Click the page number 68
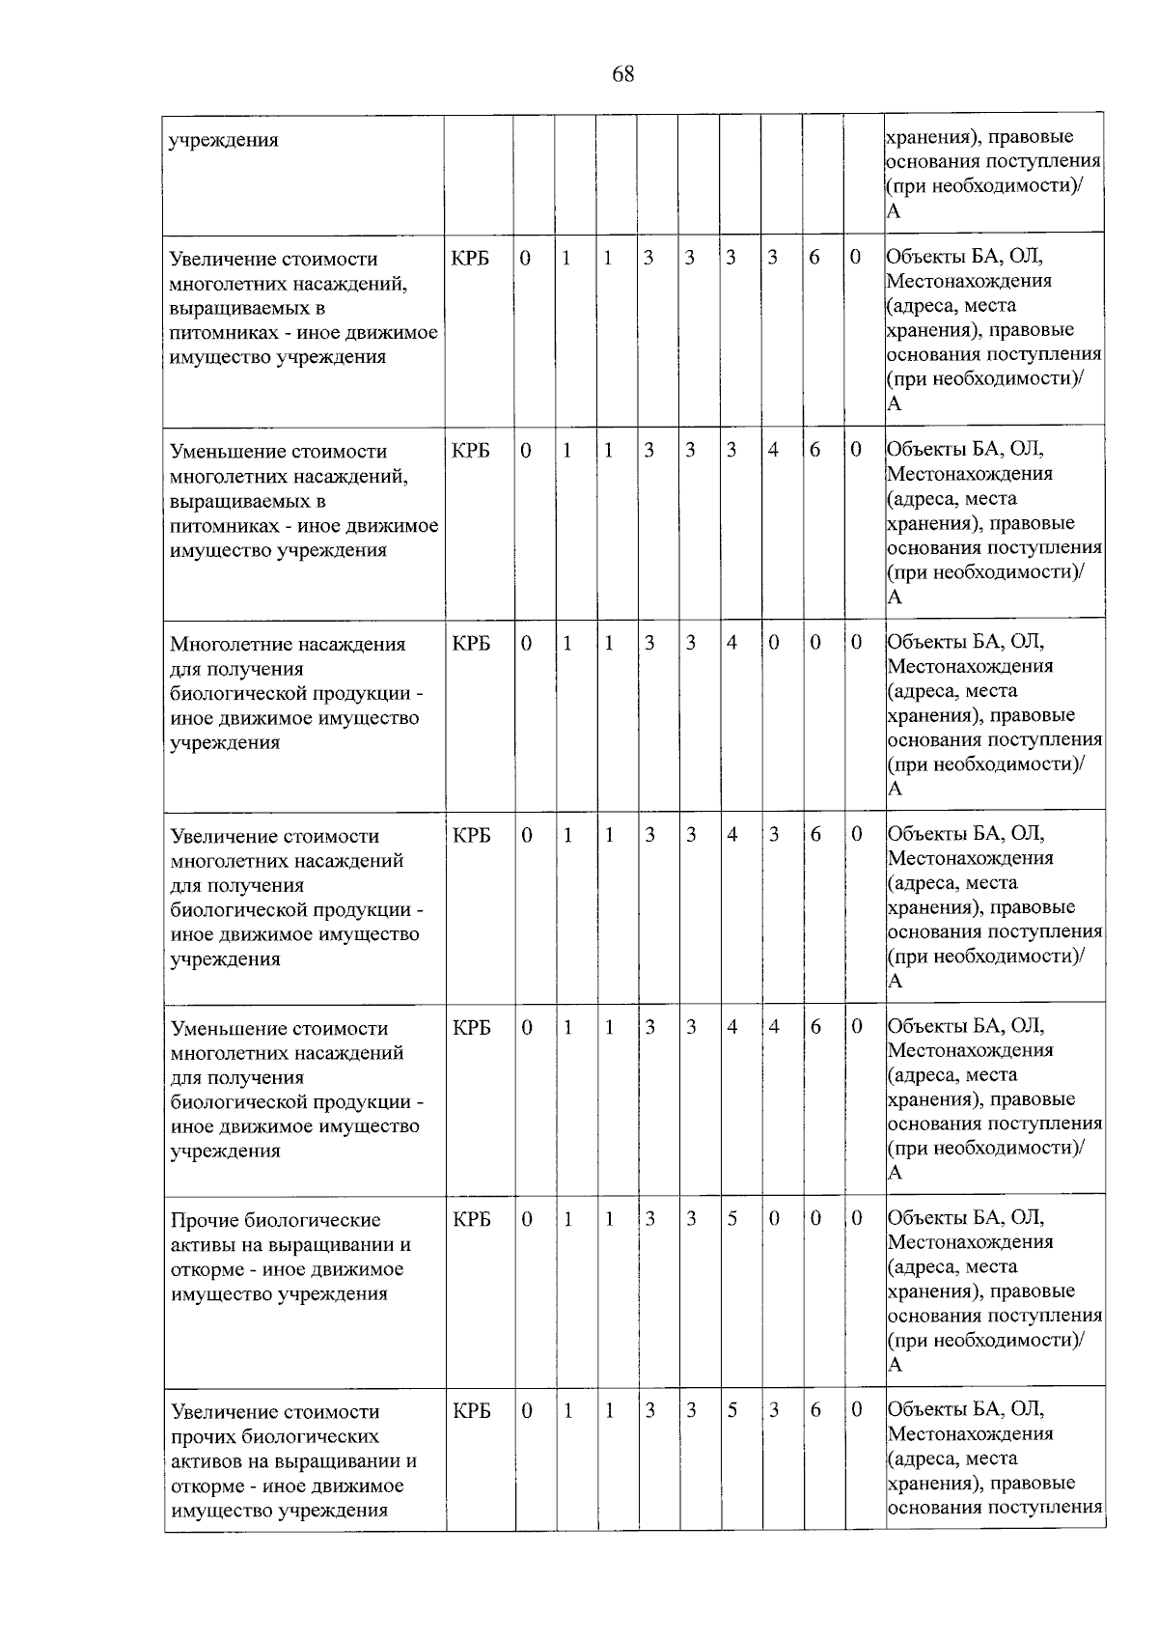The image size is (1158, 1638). click(x=623, y=74)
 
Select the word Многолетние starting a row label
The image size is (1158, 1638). click(x=227, y=644)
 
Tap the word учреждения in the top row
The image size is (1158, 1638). click(x=224, y=140)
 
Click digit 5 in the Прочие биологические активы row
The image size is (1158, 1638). click(x=732, y=1218)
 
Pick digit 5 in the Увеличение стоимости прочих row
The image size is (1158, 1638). click(x=732, y=1410)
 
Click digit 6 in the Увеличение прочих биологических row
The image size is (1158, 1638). click(x=815, y=1410)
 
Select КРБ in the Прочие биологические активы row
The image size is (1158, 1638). click(x=471, y=1219)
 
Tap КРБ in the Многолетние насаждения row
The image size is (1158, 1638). click(x=471, y=643)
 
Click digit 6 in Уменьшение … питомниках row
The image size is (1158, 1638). click(x=814, y=450)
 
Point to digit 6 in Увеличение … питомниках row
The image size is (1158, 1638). click(x=814, y=258)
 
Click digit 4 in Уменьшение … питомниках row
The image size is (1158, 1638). click(x=773, y=450)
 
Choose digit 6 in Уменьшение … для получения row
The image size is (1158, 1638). click(x=815, y=1027)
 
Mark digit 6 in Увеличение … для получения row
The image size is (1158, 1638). click(x=815, y=835)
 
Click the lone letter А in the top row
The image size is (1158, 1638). click(x=894, y=211)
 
